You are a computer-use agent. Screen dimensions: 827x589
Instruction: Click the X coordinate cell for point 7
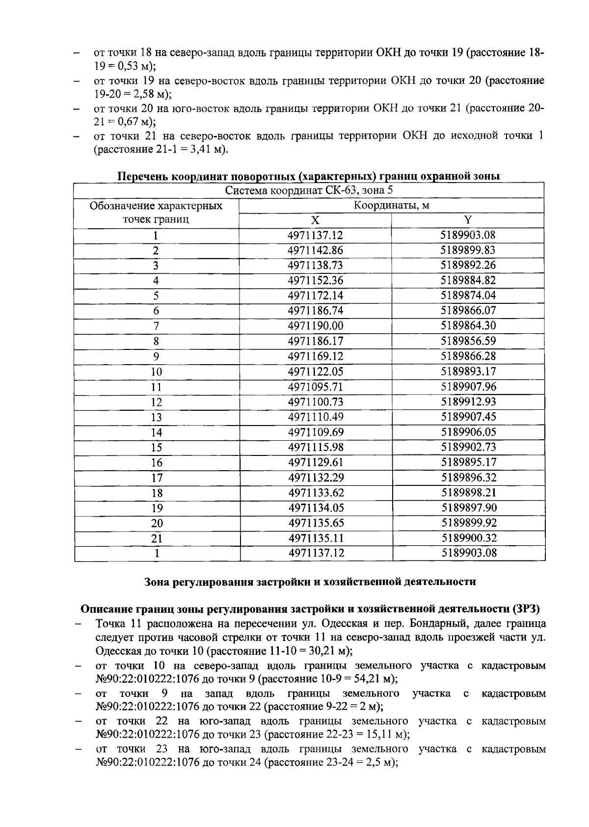(x=315, y=326)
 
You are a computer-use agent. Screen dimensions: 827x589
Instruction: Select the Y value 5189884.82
(x=468, y=280)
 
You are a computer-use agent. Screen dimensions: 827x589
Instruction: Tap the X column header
(x=315, y=220)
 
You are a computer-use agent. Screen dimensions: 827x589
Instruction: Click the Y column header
(x=468, y=220)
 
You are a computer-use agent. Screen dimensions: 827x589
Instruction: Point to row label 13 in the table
(x=156, y=417)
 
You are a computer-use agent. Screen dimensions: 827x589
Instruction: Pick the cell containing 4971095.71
(x=315, y=387)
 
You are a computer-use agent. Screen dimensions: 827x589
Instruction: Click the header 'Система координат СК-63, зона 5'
(x=309, y=190)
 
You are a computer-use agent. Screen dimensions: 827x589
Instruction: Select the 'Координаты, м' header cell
(x=391, y=205)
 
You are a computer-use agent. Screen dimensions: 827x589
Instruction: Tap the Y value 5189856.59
(x=468, y=341)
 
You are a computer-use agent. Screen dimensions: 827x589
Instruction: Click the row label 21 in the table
(x=156, y=538)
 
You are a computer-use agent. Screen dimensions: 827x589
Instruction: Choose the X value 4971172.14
(x=315, y=295)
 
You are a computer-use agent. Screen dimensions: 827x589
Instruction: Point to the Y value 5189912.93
(x=468, y=402)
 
